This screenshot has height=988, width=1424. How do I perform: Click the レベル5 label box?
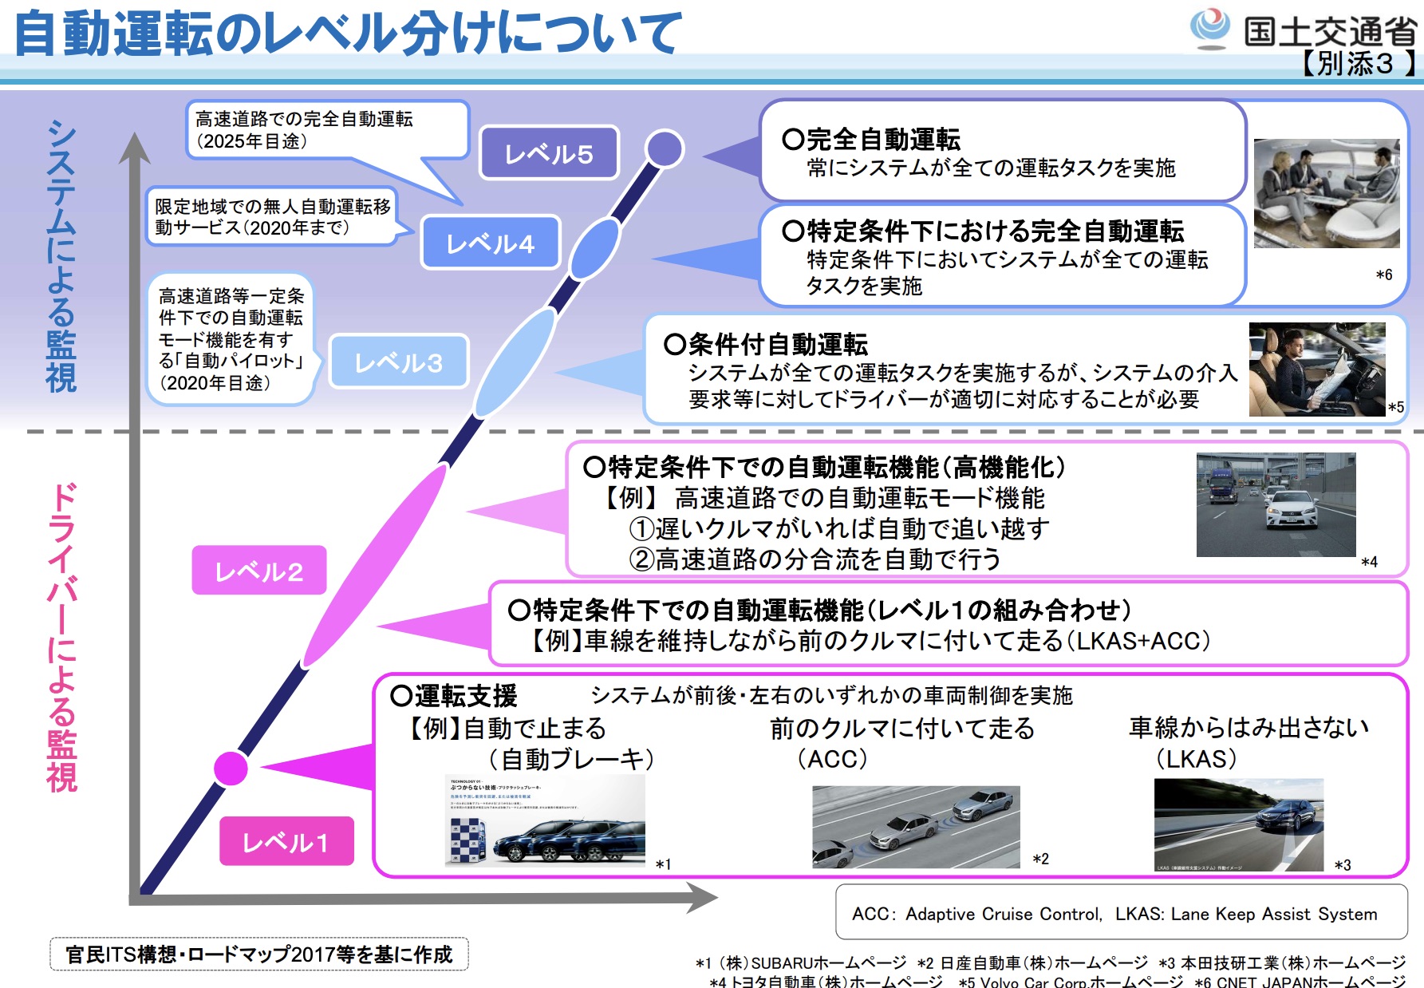pyautogui.click(x=549, y=153)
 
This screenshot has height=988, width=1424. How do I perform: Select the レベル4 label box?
pyautogui.click(x=490, y=243)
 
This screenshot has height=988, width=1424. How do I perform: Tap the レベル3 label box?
pyautogui.click(x=398, y=362)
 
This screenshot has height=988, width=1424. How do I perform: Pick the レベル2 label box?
pyautogui.click(x=259, y=571)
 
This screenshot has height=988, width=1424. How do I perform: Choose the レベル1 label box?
pyautogui.click(x=286, y=841)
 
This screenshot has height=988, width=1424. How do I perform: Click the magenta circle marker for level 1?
pyautogui.click(x=231, y=768)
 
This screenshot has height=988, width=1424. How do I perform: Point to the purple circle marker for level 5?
pyautogui.click(x=664, y=148)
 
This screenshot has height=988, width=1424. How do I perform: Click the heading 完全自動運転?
pyautogui.click(x=882, y=140)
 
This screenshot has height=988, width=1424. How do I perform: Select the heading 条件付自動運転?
pyautogui.click(x=777, y=344)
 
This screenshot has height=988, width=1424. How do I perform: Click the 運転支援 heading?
pyautogui.click(x=465, y=696)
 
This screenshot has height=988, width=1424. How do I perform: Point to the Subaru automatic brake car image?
pyautogui.click(x=545, y=820)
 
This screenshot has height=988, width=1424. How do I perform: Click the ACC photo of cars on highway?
pyautogui.click(x=915, y=826)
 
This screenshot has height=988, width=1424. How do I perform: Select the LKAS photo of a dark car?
pyautogui.click(x=1238, y=824)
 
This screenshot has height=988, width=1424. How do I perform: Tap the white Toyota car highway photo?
pyautogui.click(x=1275, y=504)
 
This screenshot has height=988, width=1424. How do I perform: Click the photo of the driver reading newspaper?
pyautogui.click(x=1316, y=370)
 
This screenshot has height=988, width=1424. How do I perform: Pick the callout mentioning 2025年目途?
pyautogui.click(x=327, y=130)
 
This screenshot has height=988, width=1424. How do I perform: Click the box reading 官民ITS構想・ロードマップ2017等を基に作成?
pyautogui.click(x=259, y=954)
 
